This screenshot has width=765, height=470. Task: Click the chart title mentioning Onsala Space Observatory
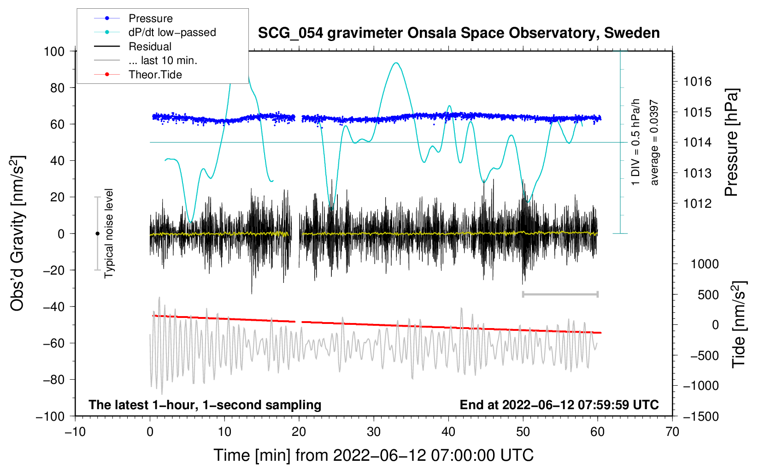(459, 33)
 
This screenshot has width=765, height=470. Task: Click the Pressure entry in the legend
(150, 18)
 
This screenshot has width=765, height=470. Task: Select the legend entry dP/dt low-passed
(172, 32)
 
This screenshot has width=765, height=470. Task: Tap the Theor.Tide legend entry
(155, 75)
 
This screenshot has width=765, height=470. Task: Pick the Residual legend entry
(150, 47)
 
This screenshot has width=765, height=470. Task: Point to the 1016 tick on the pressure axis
(697, 82)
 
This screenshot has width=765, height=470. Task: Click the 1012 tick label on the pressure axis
(697, 204)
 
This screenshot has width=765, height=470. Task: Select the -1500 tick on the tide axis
(701, 417)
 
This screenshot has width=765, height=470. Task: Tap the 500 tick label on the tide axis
(708, 295)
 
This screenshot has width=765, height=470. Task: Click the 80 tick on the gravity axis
(57, 88)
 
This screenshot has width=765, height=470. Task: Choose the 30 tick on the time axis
(374, 432)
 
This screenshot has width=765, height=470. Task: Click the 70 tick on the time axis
(672, 432)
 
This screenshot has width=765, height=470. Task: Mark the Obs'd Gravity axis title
(17, 233)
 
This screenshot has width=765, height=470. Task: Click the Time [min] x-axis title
(373, 455)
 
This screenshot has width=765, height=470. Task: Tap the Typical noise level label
(109, 233)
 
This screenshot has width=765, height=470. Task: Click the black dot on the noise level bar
(97, 234)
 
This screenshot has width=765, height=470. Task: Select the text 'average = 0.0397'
(654, 143)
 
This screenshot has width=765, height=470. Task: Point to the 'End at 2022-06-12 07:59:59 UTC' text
(559, 405)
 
